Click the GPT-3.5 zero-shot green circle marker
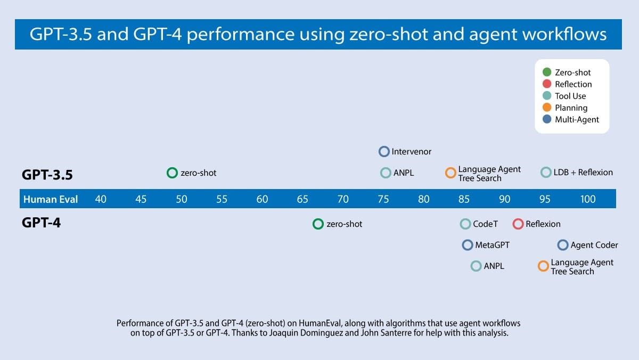tap(171, 173)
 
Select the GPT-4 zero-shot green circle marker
tap(318, 224)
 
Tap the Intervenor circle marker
tap(384, 151)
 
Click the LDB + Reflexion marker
tap(546, 172)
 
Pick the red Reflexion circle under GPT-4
tap(518, 224)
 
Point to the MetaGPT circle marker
tap(468, 245)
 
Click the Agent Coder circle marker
tap(563, 245)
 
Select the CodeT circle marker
tap(465, 224)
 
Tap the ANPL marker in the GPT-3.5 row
tap(386, 173)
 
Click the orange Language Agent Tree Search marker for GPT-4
tap(543, 266)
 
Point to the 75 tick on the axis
tap(383, 199)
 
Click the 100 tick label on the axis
tap(588, 199)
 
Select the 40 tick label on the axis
tap(101, 199)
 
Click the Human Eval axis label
tap(51, 199)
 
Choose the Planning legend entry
tap(571, 108)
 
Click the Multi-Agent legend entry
tap(577, 119)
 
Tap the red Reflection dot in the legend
tap(546, 84)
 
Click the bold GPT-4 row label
tap(41, 223)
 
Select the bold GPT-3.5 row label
tap(47, 174)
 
